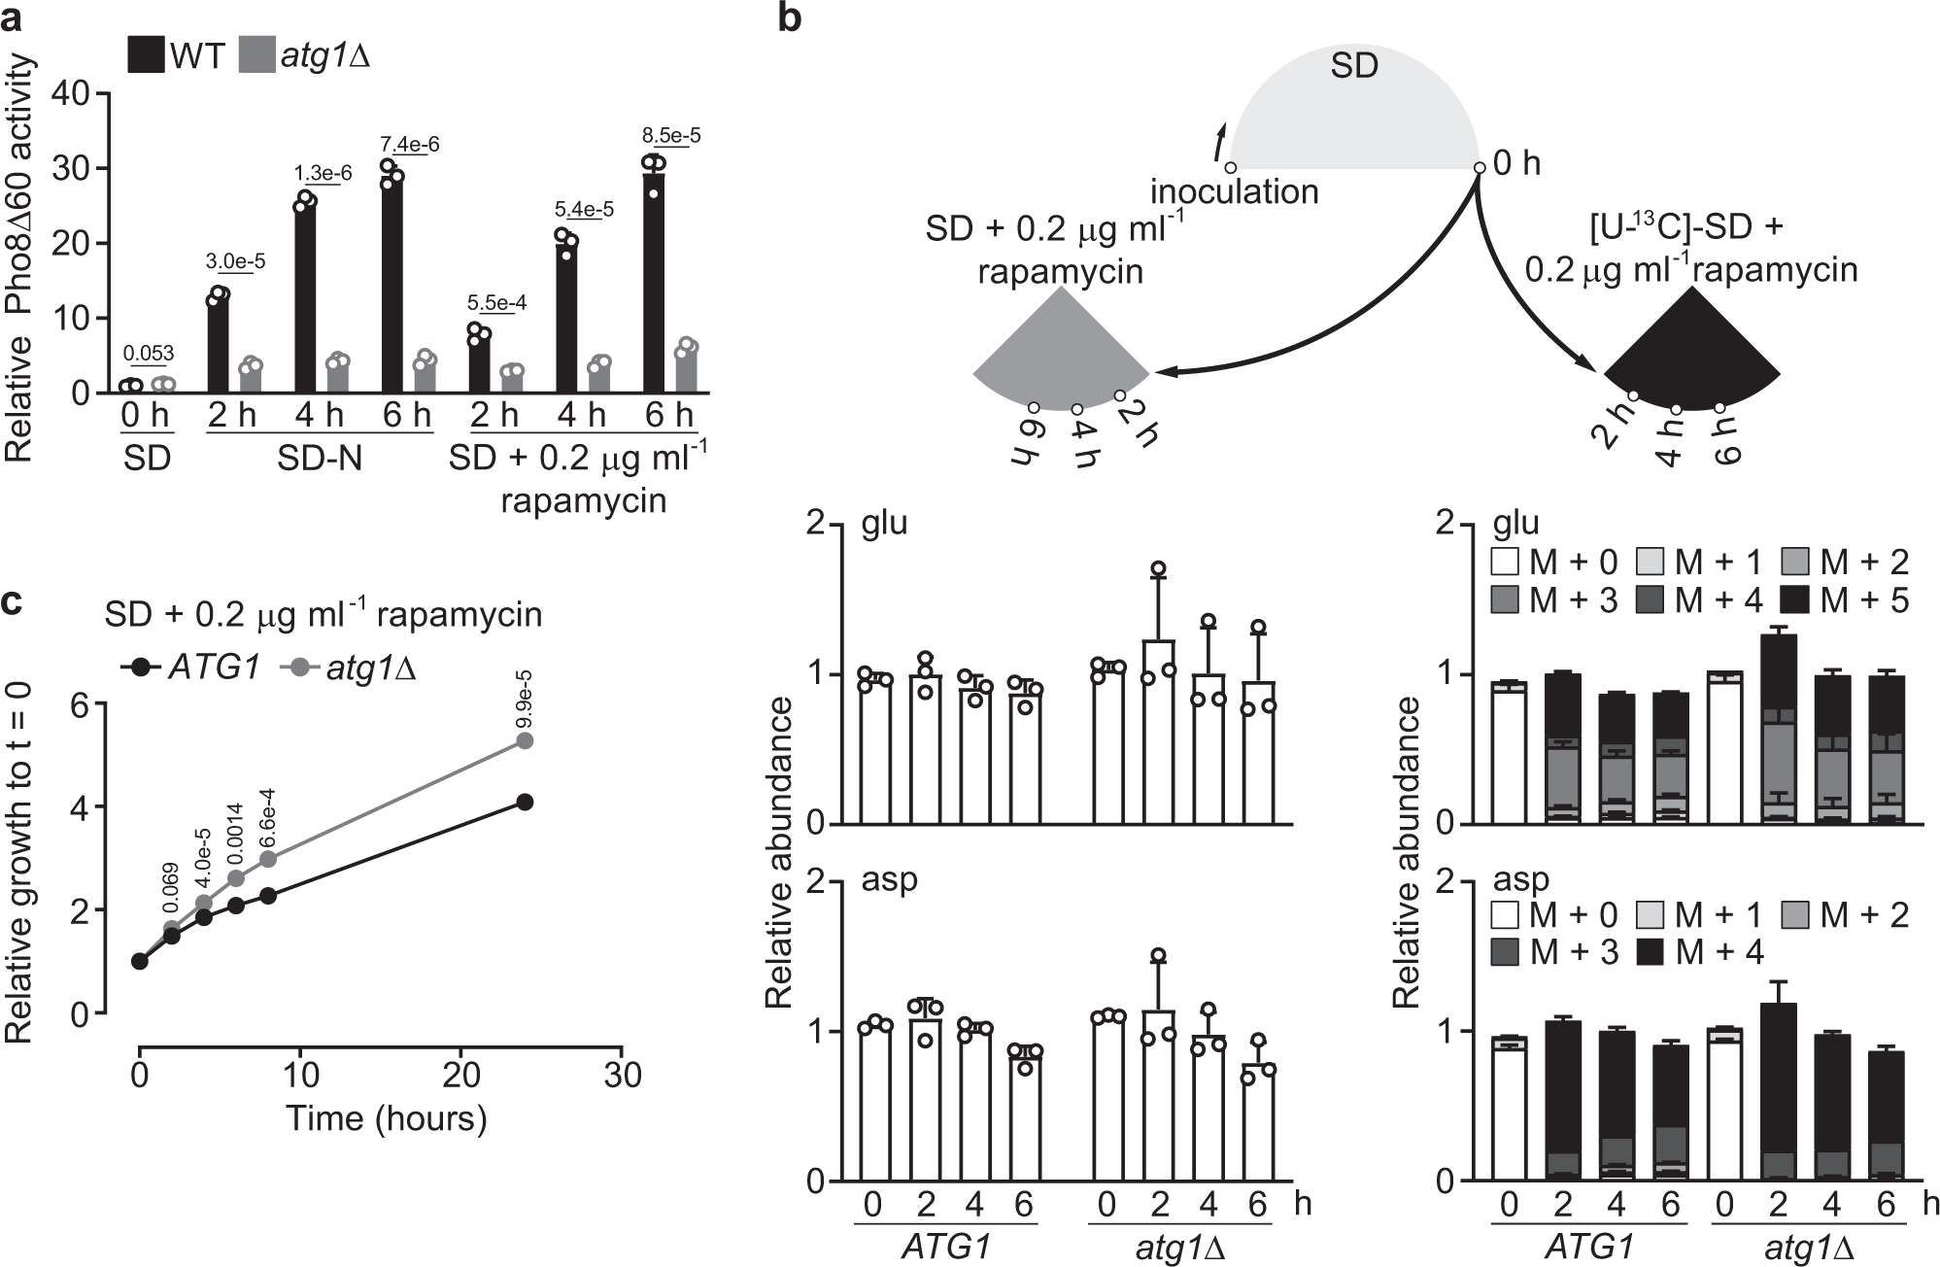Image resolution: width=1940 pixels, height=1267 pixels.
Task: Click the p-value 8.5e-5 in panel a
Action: (x=670, y=135)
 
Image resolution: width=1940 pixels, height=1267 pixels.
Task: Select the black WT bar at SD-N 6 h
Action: (x=391, y=282)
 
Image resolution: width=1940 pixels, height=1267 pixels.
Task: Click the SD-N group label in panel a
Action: (x=320, y=457)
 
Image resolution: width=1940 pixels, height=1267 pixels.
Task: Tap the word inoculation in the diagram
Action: (x=1234, y=191)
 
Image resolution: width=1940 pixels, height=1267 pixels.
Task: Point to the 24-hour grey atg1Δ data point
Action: (x=525, y=740)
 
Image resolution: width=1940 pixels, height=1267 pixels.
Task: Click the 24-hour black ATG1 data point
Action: (x=525, y=802)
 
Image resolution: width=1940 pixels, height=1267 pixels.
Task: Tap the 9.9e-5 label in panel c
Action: (x=525, y=699)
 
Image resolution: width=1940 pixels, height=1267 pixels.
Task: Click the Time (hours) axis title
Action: (x=386, y=1118)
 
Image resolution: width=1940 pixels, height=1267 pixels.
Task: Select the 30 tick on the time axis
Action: (x=622, y=1075)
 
